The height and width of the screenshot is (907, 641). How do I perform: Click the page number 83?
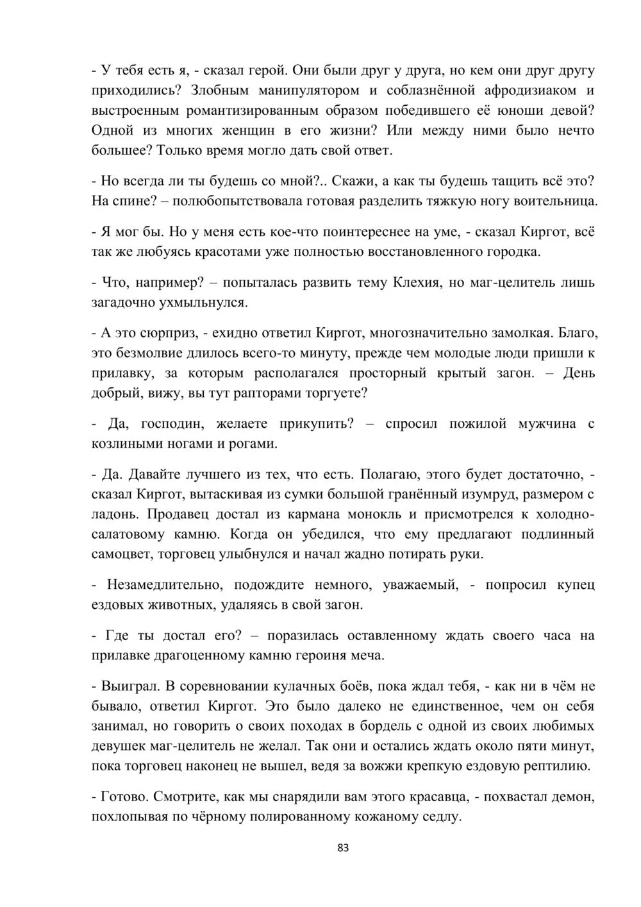click(x=343, y=848)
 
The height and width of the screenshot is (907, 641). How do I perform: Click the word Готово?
click(x=125, y=797)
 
